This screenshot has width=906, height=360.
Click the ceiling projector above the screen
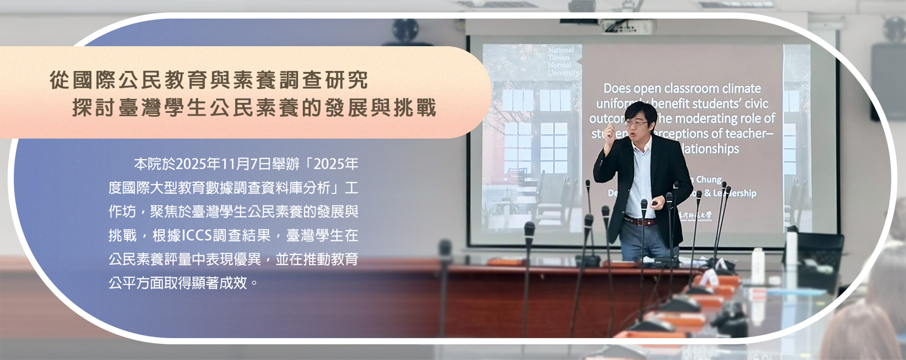628,26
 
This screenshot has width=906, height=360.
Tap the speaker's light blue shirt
642,179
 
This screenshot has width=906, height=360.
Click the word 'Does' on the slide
617,88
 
